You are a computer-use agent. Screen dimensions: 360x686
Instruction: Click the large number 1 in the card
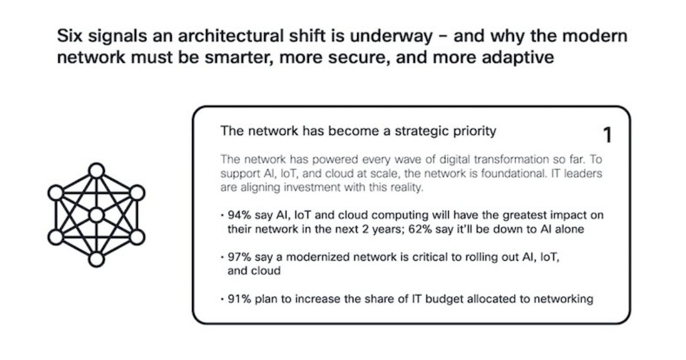coord(607,135)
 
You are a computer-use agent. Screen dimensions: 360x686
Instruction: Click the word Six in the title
coord(71,37)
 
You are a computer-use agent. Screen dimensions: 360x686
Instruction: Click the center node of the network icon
coord(97,215)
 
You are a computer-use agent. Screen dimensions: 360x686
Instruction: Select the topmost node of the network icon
coord(97,170)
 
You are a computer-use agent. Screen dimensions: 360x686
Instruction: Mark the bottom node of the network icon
coord(97,259)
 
